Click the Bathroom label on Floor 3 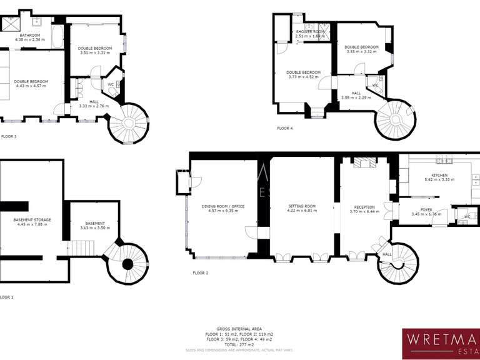(x=30, y=36)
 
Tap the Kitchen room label (x=440, y=175)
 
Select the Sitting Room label (x=302, y=206)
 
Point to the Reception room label (x=364, y=206)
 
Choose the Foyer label (x=426, y=210)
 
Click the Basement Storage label (x=32, y=219)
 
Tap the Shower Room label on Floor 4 (x=311, y=31)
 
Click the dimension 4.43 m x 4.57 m (x=31, y=86)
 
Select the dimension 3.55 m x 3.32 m (x=361, y=52)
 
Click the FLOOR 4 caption (x=285, y=128)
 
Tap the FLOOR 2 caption (x=200, y=272)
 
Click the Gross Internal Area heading (x=239, y=329)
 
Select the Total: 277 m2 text (x=239, y=344)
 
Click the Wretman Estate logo (x=441, y=344)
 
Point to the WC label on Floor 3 (x=111, y=84)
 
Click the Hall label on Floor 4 (x=356, y=92)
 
